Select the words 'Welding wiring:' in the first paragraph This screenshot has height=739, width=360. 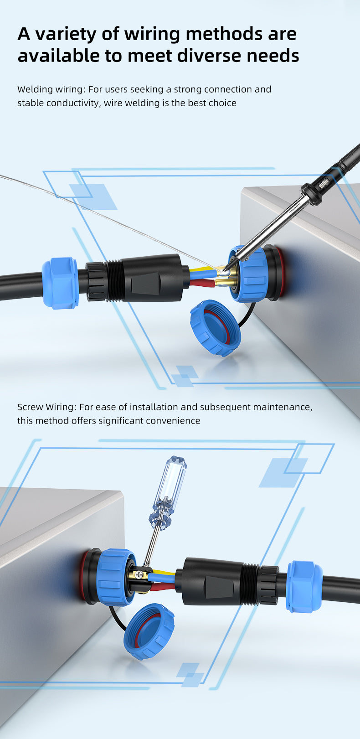click(52, 89)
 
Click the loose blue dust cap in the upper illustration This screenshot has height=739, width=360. click(216, 328)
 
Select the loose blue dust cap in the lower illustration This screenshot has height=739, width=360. click(149, 631)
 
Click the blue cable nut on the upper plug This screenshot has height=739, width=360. click(60, 283)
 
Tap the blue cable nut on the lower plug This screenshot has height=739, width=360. click(303, 587)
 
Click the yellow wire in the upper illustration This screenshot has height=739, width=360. click(202, 269)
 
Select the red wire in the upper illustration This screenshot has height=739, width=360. click(201, 283)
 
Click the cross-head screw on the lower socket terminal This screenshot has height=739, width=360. click(139, 575)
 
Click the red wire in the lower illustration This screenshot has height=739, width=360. click(163, 587)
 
